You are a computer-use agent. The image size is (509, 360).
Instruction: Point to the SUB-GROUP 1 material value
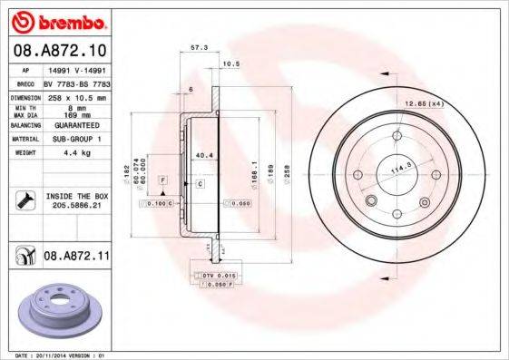[x=76, y=139]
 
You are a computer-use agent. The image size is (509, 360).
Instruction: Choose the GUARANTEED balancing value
[x=76, y=126]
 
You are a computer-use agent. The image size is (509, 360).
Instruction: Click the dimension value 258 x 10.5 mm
[x=76, y=95]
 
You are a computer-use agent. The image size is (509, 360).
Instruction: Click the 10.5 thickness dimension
[x=231, y=63]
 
